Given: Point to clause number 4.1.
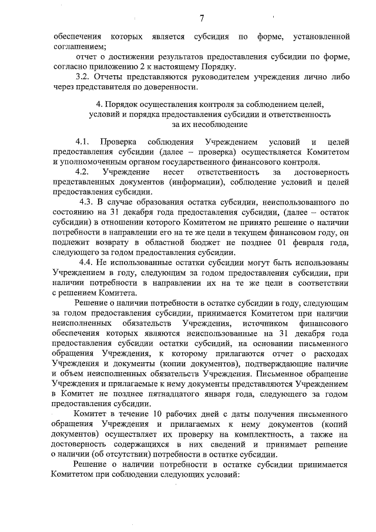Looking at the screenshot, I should pyautogui.click(x=82, y=142).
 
